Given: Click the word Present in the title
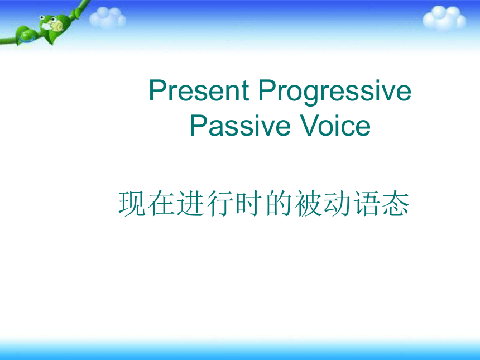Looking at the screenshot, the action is click(x=199, y=90).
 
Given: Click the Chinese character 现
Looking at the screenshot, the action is click(x=132, y=204).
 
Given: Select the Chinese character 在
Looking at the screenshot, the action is click(x=161, y=204).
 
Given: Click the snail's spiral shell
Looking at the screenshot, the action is click(x=57, y=26).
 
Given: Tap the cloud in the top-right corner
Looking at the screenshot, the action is click(x=444, y=18).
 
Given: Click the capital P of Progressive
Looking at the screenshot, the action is click(x=267, y=90).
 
